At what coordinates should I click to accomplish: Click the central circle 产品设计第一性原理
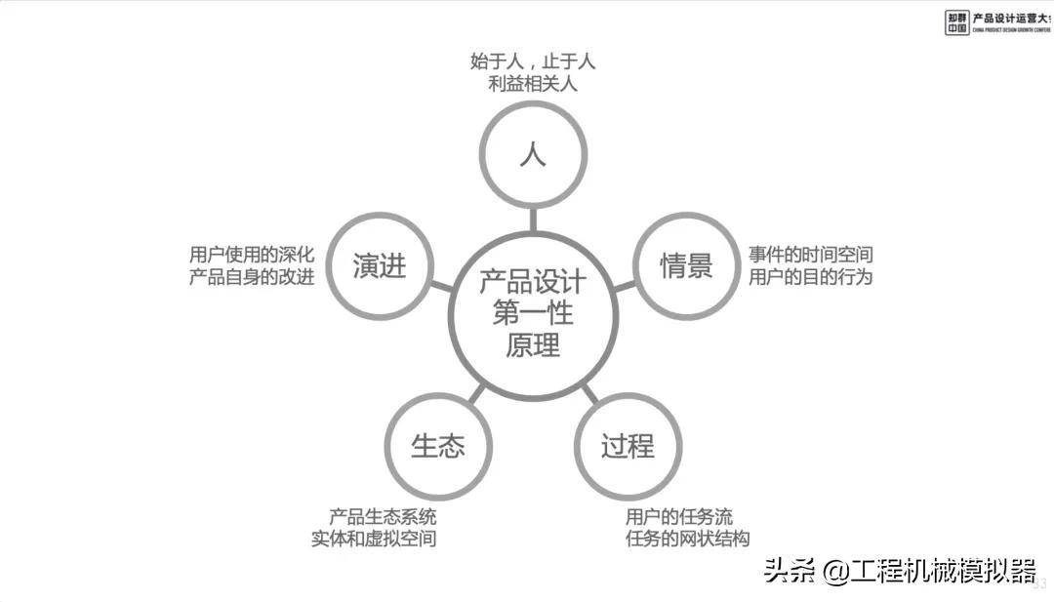pos(532,314)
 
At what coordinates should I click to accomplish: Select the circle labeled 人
pos(533,154)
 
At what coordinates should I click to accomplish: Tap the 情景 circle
pos(686,265)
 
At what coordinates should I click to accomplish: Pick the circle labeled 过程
pos(627,447)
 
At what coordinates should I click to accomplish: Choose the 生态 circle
pos(438,447)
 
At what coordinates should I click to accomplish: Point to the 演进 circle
pos(380,265)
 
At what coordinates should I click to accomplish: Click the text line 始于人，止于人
pos(533,61)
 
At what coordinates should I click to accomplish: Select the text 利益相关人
pos(533,84)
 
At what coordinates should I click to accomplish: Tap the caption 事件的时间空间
pos(811,255)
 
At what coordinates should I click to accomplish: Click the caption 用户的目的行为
pos(811,277)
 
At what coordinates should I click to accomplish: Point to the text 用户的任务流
pos(679,517)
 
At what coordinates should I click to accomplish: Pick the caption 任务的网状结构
pos(688,540)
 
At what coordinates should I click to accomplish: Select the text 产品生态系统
pos(383,517)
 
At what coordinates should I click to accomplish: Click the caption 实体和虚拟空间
pos(374,540)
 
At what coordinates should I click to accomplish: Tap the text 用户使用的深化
pos(252,255)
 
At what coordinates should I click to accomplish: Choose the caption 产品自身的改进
pos(252,277)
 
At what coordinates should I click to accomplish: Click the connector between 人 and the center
pos(533,219)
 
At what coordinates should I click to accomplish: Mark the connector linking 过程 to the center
pos(589,393)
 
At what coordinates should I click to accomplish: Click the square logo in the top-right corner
pos(956,22)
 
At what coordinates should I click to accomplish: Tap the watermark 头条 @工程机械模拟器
pos(899,571)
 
